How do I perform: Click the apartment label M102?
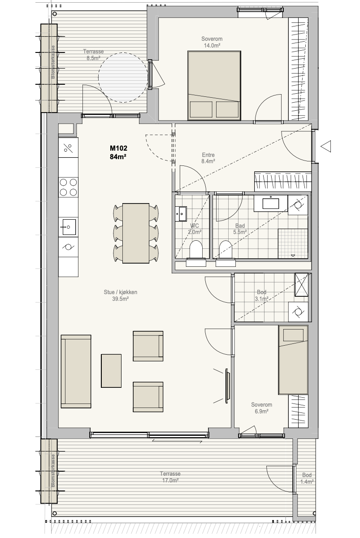[118, 148]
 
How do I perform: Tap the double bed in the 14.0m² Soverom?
[214, 86]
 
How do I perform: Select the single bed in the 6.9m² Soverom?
[293, 360]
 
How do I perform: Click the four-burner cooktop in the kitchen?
[68, 187]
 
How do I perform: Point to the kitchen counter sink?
[69, 227]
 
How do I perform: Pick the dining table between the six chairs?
[136, 233]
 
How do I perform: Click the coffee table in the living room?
[111, 371]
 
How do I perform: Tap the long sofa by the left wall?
[76, 371]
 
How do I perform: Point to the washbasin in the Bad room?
[271, 203]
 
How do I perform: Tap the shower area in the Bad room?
[293, 243]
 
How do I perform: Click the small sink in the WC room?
[181, 214]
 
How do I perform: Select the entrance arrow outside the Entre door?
[325, 146]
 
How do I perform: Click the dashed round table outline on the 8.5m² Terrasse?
[123, 77]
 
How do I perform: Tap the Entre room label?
[208, 158]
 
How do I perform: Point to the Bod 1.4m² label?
[307, 478]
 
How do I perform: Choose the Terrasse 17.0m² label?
[170, 477]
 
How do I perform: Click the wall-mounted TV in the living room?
[227, 386]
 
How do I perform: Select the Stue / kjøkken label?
[120, 295]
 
